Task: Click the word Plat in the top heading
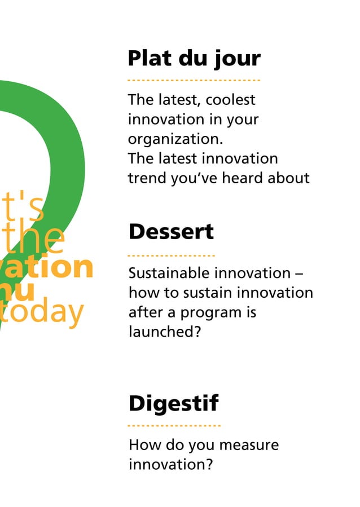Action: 148,58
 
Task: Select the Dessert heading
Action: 171,231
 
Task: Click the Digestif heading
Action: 173,404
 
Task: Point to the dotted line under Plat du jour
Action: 194,81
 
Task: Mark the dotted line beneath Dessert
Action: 171,255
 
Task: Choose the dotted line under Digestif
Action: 174,426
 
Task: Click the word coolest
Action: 230,100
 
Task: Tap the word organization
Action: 175,139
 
